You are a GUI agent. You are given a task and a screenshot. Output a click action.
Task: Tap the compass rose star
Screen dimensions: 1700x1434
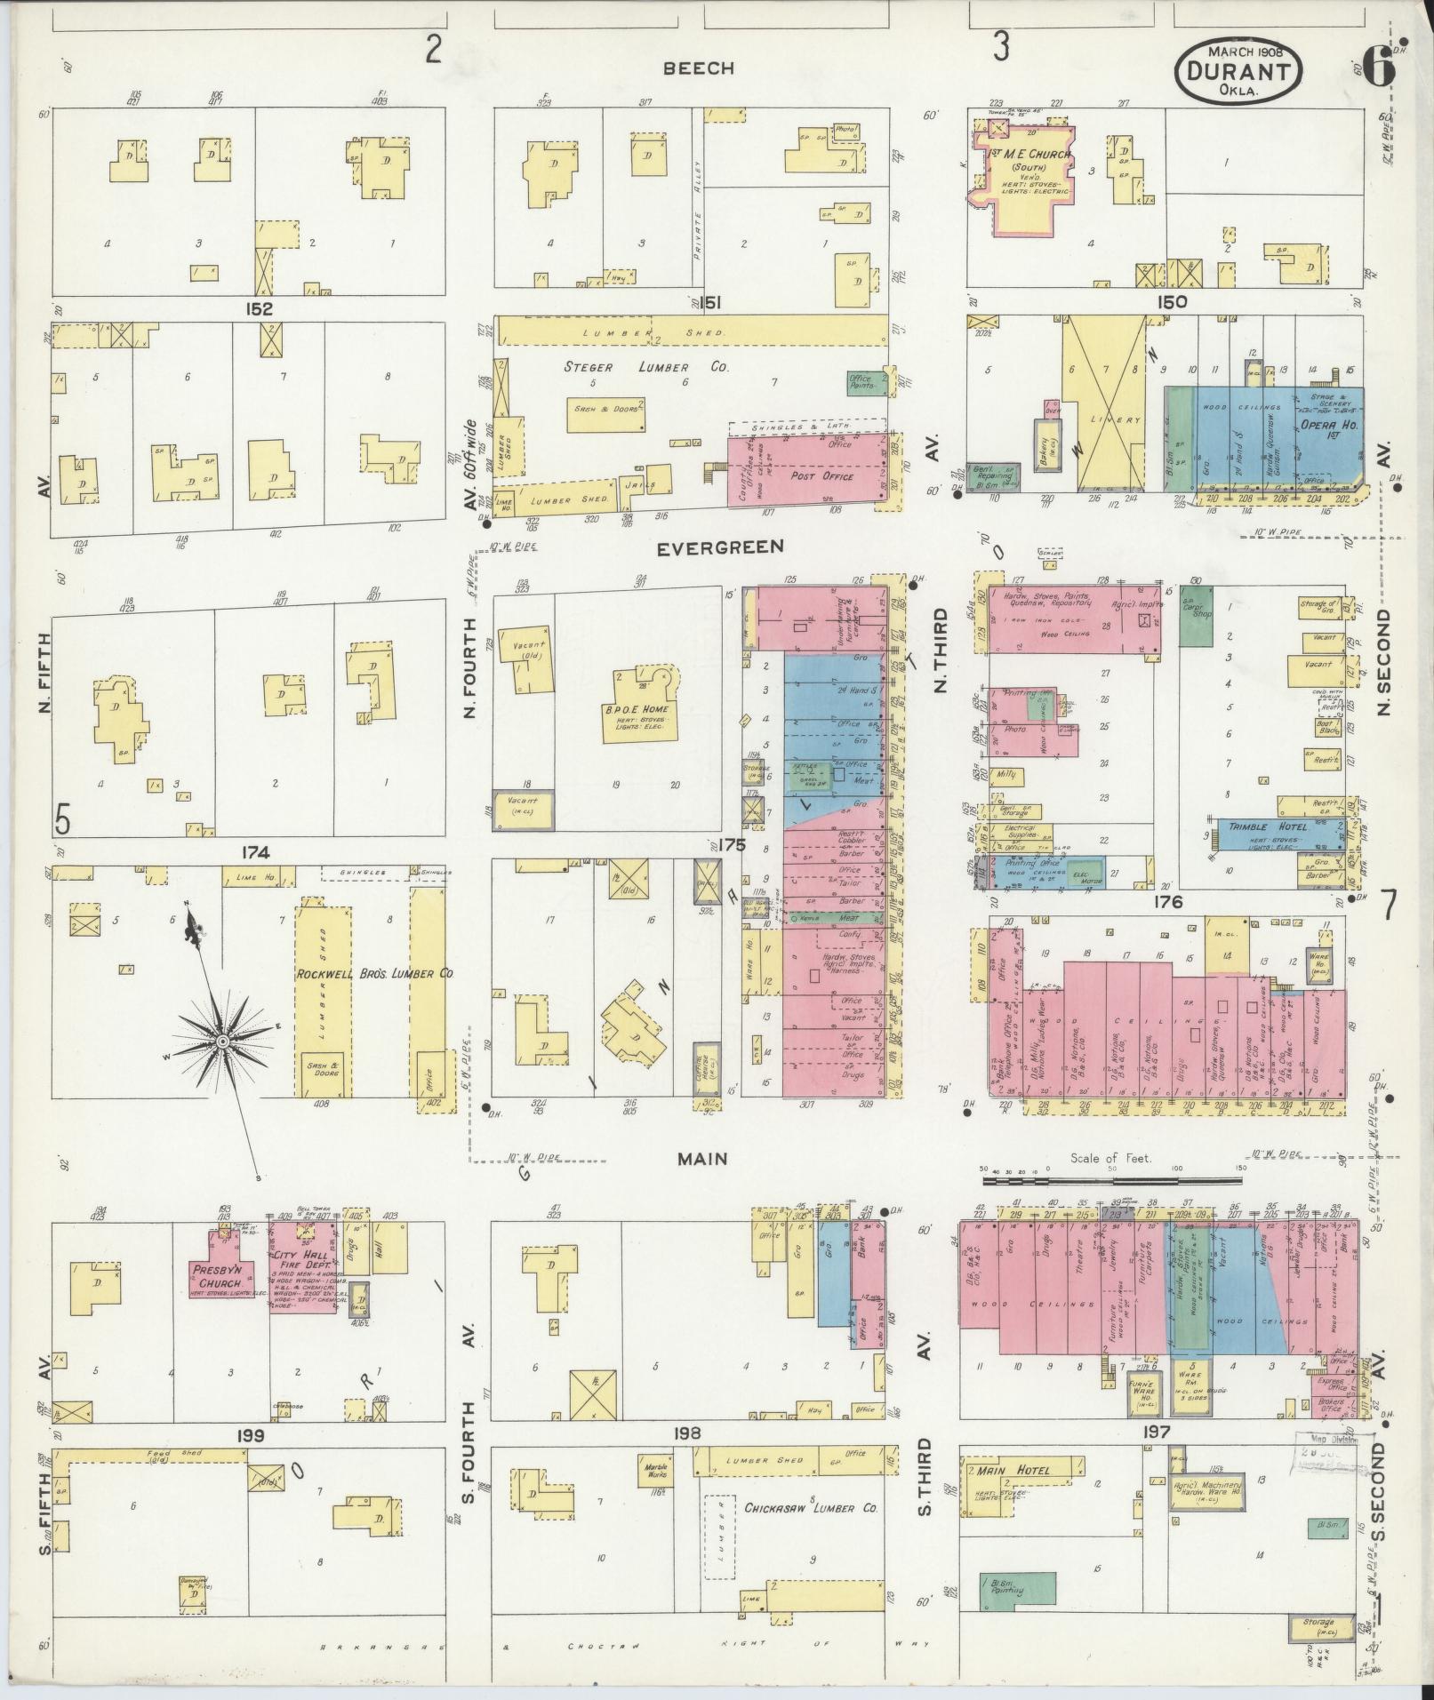point(222,1038)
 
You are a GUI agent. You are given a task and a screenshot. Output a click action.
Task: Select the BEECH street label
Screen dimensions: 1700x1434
point(701,68)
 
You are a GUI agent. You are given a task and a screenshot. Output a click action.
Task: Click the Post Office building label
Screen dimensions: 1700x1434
point(821,476)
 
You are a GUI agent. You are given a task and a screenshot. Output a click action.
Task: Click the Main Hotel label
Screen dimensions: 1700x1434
point(1021,1470)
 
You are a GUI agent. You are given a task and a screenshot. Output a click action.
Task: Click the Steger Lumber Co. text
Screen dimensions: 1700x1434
point(647,366)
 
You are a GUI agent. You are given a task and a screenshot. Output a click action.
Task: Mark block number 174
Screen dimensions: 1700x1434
point(254,853)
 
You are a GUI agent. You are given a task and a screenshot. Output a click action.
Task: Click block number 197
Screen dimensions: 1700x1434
point(1158,1432)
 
